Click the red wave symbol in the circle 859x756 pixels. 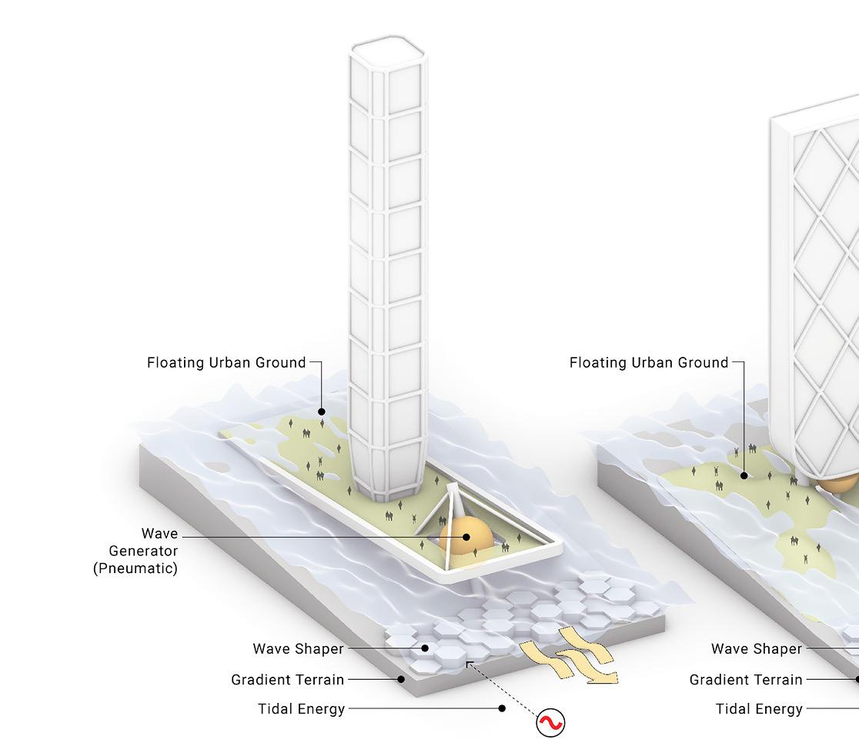550,723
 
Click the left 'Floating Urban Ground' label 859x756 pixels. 226,363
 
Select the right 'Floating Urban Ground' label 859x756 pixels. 649,363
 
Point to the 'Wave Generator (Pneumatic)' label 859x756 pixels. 139,551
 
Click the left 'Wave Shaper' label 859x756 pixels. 298,649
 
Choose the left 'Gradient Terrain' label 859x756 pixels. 287,680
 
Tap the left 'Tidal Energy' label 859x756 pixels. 301,709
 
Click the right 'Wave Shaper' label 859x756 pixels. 757,649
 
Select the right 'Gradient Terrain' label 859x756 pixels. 746,680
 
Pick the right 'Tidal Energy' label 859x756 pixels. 759,709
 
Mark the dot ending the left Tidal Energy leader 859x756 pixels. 502,708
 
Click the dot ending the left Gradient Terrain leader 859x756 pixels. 401,680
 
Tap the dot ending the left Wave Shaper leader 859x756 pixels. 425,649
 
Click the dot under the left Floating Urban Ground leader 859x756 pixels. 322,411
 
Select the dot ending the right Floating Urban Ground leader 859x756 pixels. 744,475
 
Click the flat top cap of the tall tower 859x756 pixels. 387,48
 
